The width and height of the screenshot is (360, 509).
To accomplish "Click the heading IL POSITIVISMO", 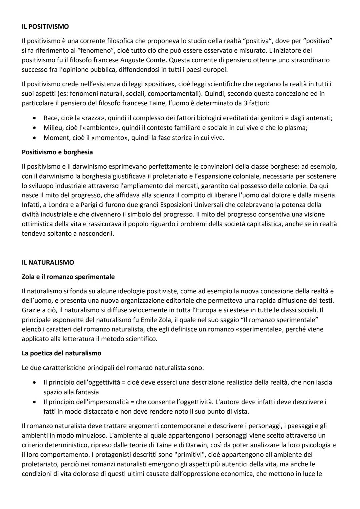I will (x=45, y=26).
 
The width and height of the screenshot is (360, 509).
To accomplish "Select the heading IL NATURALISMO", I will (x=48, y=262).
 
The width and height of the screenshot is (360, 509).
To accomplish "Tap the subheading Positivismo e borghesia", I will (x=57, y=152).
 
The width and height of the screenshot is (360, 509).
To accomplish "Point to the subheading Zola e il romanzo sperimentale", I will (x=68, y=277).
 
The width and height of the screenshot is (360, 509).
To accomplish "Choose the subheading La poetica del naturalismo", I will (x=61, y=353).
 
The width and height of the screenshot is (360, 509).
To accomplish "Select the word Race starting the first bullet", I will (x=51, y=118).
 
